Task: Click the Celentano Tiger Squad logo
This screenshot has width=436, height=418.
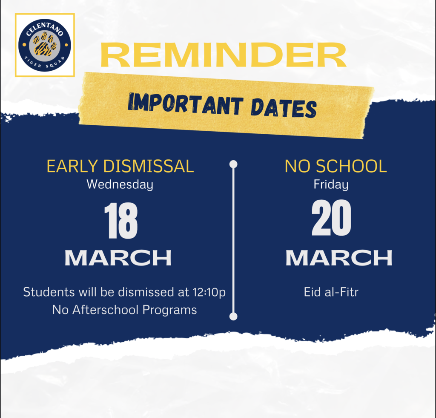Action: pyautogui.click(x=45, y=45)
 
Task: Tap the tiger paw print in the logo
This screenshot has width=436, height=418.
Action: pyautogui.click(x=44, y=45)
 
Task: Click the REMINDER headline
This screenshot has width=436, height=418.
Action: pyautogui.click(x=223, y=55)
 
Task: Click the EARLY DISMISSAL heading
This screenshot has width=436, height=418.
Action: pyautogui.click(x=120, y=167)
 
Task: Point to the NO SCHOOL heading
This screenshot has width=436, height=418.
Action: pyautogui.click(x=336, y=167)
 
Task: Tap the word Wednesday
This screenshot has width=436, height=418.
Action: pyautogui.click(x=120, y=185)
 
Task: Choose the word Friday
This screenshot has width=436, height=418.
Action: pyautogui.click(x=331, y=185)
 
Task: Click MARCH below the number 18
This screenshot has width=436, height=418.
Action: pyautogui.click(x=118, y=258)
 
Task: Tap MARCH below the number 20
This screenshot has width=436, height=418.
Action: pyautogui.click(x=338, y=258)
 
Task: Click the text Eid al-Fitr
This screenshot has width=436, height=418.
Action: pyautogui.click(x=331, y=293)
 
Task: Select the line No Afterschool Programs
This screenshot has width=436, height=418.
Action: pyautogui.click(x=124, y=310)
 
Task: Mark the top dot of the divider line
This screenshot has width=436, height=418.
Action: pyautogui.click(x=233, y=164)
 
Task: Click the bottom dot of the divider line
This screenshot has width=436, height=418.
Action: pyautogui.click(x=233, y=316)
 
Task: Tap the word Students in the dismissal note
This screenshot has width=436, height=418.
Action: pyautogui.click(x=48, y=293)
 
